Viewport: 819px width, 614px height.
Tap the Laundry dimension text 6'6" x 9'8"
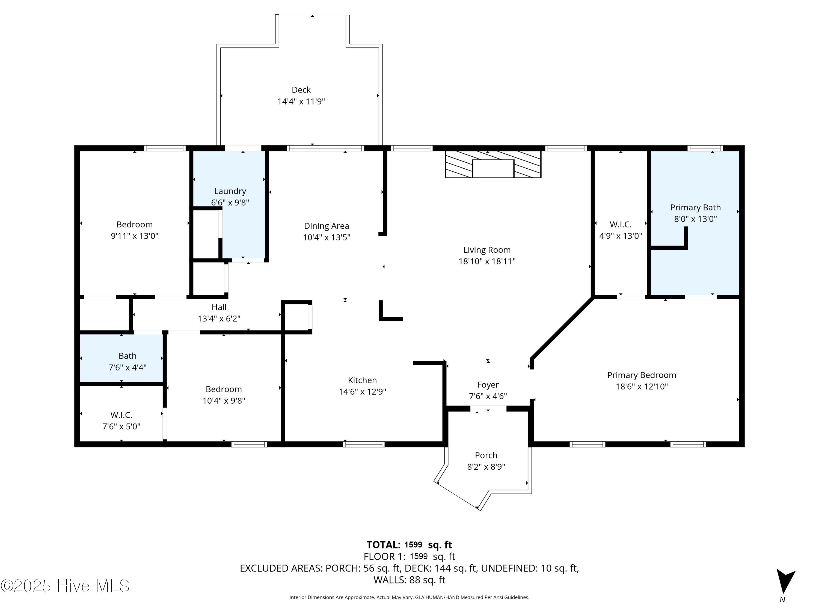[230, 202]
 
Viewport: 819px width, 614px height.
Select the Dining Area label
[326, 226]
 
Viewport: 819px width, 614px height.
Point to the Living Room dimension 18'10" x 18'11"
[487, 261]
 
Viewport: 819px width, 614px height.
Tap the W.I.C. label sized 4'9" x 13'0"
[621, 224]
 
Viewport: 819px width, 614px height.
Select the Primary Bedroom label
[641, 375]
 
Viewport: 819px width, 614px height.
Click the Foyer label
[488, 385]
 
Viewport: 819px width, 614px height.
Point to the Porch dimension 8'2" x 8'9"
[486, 467]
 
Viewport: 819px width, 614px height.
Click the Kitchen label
[362, 380]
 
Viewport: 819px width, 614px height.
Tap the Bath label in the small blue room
[127, 356]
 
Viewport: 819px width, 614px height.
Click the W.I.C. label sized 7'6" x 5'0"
[121, 415]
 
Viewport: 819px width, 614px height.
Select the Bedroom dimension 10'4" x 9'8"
[224, 400]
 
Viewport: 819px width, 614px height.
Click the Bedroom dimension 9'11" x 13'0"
[134, 236]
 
